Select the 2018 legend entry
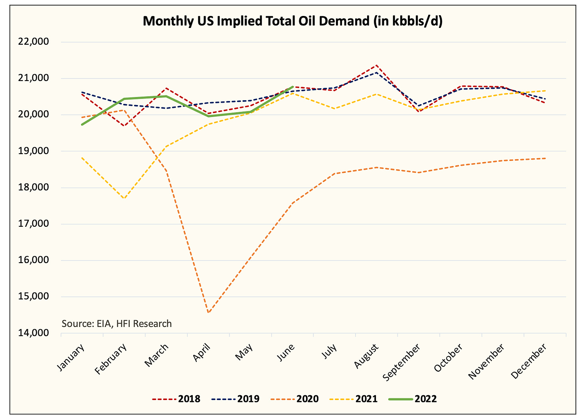176,398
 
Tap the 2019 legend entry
235,398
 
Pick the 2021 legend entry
354,398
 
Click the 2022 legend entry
413,398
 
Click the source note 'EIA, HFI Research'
117,323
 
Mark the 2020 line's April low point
208,313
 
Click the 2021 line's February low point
124,198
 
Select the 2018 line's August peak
376,65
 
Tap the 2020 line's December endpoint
545,158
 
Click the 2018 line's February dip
124,126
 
